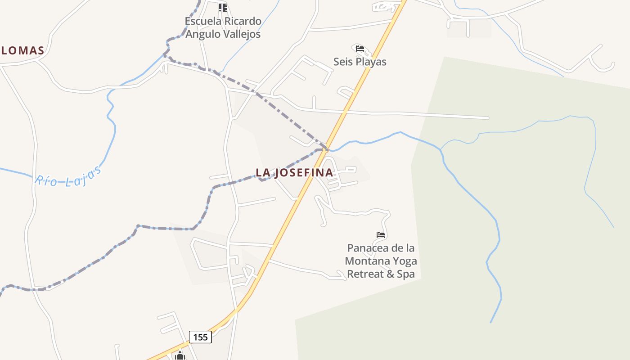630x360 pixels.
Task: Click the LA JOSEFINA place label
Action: click(x=294, y=172)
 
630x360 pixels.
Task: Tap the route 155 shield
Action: click(x=200, y=337)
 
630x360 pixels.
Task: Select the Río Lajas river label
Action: click(x=68, y=176)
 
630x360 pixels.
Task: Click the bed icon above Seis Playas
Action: click(x=360, y=49)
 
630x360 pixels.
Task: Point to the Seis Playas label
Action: click(x=360, y=62)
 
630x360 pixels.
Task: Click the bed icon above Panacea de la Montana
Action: click(x=381, y=234)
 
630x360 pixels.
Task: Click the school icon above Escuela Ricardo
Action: click(x=223, y=7)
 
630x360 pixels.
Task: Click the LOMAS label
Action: click(x=22, y=50)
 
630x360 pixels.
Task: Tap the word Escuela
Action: click(x=203, y=21)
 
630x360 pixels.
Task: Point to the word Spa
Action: click(x=406, y=274)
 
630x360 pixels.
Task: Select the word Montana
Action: click(x=367, y=261)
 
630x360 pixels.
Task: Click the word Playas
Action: click(x=371, y=62)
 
